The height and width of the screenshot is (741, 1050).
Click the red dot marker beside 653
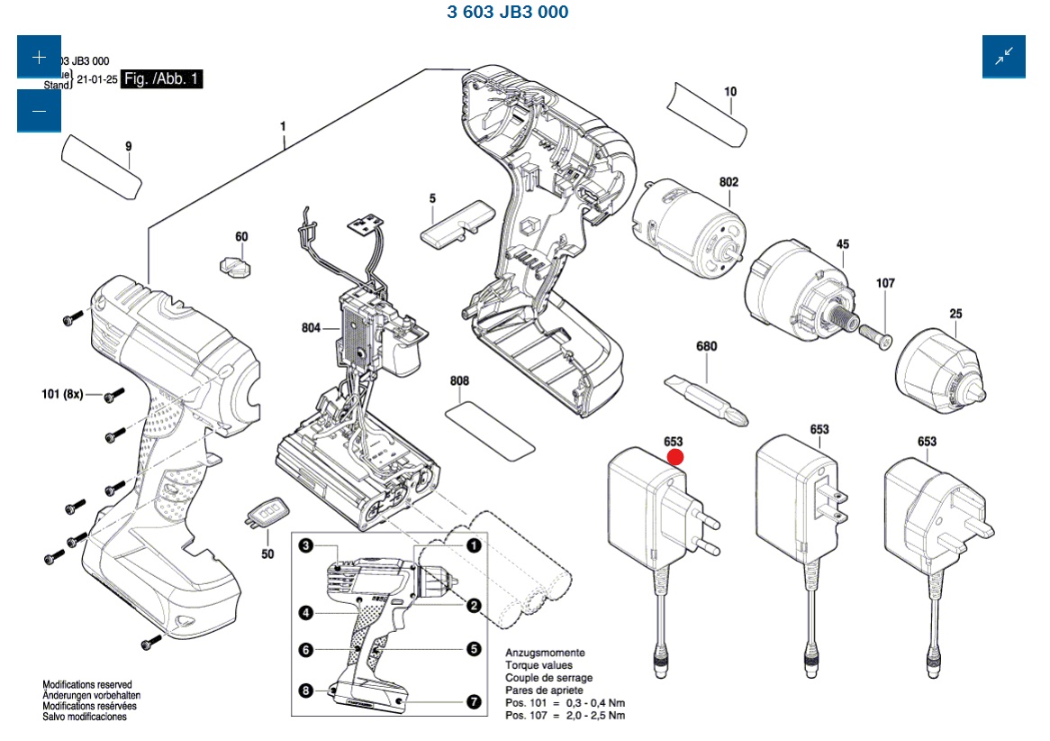pyautogui.click(x=675, y=456)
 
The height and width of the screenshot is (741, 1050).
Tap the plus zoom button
pyautogui.click(x=39, y=58)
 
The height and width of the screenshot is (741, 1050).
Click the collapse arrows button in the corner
pyautogui.click(x=1003, y=56)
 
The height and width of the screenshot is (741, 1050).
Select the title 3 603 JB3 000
pyautogui.click(x=508, y=13)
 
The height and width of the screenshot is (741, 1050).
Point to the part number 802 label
pyautogui.click(x=729, y=182)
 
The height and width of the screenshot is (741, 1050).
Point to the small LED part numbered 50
pyautogui.click(x=264, y=513)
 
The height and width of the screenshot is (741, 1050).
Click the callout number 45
pyautogui.click(x=843, y=244)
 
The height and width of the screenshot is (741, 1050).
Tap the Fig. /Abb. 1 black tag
pyautogui.click(x=163, y=79)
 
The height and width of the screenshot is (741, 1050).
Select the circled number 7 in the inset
pyautogui.click(x=474, y=701)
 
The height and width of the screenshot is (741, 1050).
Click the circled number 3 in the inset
pyautogui.click(x=306, y=545)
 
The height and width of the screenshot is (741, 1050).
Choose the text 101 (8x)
pyautogui.click(x=62, y=394)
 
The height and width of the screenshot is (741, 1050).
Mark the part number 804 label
pyautogui.click(x=312, y=328)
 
